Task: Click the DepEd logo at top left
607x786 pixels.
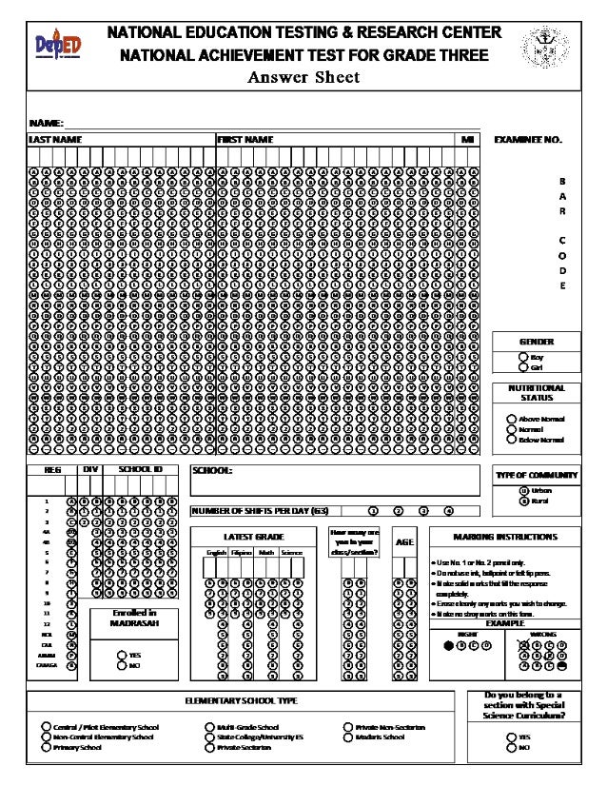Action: (x=58, y=45)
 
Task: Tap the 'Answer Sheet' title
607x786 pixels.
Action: (x=303, y=77)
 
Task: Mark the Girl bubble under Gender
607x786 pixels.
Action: (x=523, y=367)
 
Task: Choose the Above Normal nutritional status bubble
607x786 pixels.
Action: (x=511, y=420)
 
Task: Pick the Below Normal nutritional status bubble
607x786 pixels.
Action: (x=511, y=440)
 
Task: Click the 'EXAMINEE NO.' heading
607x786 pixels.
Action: (x=528, y=140)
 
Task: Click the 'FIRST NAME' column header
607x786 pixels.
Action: (x=245, y=140)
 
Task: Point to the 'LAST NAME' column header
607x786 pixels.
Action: (x=54, y=140)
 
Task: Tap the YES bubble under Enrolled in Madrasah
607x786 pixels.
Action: (x=122, y=655)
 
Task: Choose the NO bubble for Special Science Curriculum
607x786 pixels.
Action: (x=511, y=748)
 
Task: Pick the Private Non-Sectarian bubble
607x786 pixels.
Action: (x=347, y=727)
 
